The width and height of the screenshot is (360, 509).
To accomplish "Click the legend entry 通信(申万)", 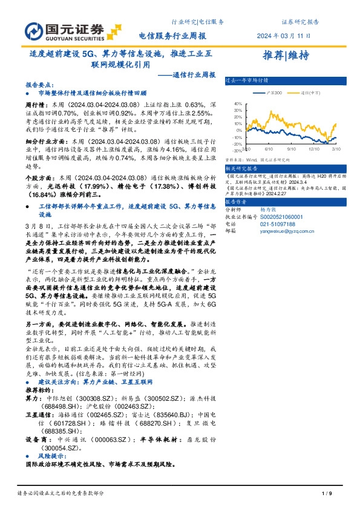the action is pos(312,93).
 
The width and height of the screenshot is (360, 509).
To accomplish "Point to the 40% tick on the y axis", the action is pos(238,103).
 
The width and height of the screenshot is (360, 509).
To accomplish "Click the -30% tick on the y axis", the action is pos(238,150).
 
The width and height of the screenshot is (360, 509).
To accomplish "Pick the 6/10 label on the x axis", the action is pos(269,147).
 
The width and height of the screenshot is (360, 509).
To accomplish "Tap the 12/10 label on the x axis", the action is pos(313,147).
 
